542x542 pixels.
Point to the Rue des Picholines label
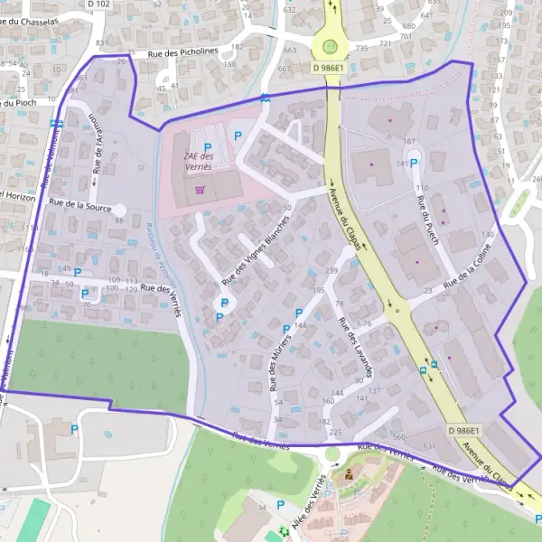click(183, 52)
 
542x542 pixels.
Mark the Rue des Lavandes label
click(355, 348)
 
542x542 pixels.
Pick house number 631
click(429, 445)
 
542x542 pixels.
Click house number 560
click(399, 435)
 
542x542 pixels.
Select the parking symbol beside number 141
click(415, 164)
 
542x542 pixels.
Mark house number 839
click(101, 43)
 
